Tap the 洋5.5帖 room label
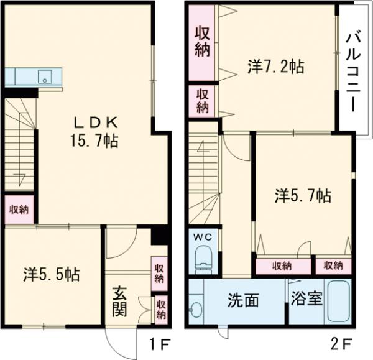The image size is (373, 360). pos(51,274)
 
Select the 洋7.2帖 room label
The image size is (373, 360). pos(275,67)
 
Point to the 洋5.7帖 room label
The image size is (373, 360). pos(302,197)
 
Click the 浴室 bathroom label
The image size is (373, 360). pos(306,299)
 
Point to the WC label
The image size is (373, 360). pos(203,237)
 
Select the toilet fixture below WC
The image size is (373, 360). pos(203,259)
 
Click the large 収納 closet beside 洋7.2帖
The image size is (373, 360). pos(202,42)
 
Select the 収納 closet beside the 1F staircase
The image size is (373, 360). pos(17,209)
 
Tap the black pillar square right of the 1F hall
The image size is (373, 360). pos(159,235)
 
